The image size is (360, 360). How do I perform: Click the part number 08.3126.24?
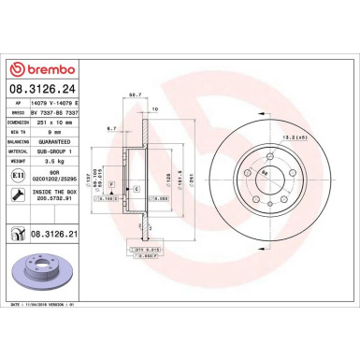click(x=43, y=90)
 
